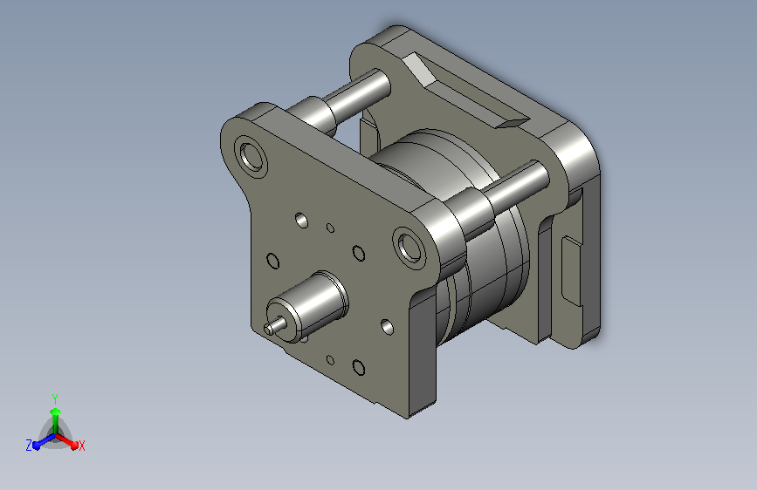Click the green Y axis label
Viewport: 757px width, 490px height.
click(x=55, y=398)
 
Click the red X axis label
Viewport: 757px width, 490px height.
click(x=81, y=446)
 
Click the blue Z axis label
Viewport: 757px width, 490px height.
click(x=29, y=446)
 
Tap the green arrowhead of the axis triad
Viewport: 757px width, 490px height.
click(x=56, y=412)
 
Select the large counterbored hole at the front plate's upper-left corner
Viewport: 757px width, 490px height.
click(x=251, y=157)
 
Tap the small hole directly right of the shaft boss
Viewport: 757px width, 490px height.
click(x=387, y=327)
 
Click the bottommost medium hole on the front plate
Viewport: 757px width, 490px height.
click(x=359, y=368)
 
